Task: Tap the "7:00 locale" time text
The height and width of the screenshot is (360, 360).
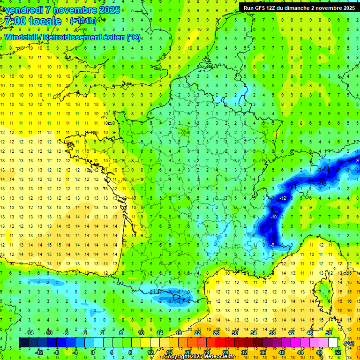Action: point(33,21)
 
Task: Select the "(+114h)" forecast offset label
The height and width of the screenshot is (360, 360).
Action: point(83,21)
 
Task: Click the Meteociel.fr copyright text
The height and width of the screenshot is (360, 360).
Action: point(199,356)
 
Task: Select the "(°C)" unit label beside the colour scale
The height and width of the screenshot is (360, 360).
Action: point(348,343)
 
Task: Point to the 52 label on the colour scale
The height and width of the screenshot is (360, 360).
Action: point(337,352)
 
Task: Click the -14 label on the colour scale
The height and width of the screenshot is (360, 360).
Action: point(30,332)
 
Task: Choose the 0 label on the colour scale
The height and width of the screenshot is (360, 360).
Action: point(92,352)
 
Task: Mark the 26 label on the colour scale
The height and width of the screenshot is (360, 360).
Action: point(216,332)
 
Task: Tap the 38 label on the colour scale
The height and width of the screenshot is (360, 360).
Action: point(272,332)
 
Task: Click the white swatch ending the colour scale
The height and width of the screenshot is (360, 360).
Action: point(333,343)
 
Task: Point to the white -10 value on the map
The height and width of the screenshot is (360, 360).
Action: point(272,217)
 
